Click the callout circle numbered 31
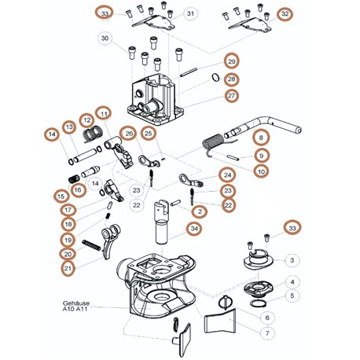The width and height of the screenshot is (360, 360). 190,13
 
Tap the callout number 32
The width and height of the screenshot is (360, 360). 285,13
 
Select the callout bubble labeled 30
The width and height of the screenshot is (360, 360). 105,39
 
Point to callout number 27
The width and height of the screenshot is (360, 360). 231,96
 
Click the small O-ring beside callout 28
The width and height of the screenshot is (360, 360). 215,78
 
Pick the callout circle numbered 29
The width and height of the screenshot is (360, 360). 232,61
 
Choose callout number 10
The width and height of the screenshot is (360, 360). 261,171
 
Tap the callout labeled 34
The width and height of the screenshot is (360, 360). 194,229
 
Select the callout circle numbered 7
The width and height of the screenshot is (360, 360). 267,333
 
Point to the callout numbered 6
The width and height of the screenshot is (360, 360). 267,318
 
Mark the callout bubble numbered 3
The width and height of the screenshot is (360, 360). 292,260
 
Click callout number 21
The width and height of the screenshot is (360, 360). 68,269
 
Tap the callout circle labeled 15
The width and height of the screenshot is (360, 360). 61,197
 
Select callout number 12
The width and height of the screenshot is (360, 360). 87,120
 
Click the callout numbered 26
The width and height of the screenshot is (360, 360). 129,134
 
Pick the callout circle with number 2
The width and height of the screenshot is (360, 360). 200,211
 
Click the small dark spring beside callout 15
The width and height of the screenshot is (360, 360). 74,179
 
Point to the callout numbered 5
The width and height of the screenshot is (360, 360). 292,296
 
